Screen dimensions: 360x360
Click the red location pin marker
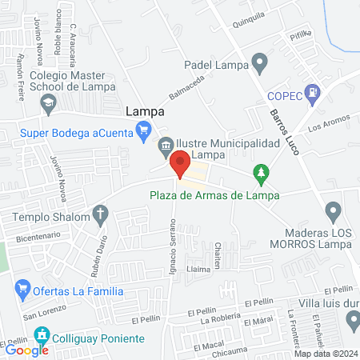181,163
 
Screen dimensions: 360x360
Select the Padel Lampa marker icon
259,61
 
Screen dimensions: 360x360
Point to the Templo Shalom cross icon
100,214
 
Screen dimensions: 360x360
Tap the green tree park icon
259,171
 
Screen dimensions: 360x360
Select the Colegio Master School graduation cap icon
50,102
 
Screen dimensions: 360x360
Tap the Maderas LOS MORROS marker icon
334,212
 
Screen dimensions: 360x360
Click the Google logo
26,350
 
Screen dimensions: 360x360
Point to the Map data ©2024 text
326,354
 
